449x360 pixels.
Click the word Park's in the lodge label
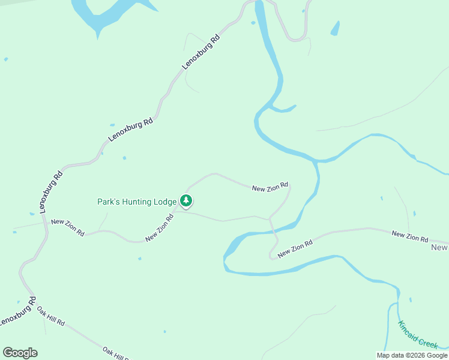[x=109, y=202]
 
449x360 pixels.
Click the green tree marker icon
[x=186, y=200]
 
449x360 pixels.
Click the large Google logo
[x=20, y=353]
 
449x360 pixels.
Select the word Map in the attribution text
[x=384, y=355]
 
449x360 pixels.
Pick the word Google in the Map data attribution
[x=438, y=355]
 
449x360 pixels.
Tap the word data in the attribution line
[x=399, y=355]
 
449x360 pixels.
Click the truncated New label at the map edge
[x=439, y=247]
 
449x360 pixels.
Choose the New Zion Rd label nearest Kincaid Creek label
[x=410, y=236]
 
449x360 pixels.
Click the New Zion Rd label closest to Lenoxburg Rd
[x=67, y=227]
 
